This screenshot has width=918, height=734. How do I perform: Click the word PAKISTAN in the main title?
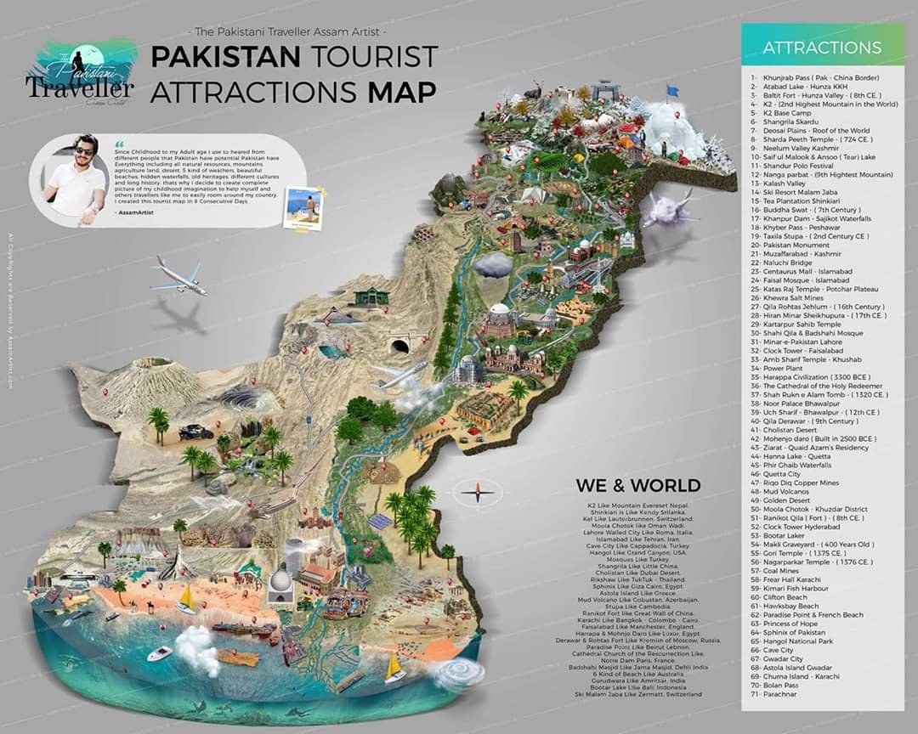(224, 58)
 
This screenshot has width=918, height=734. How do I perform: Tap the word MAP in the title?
(402, 92)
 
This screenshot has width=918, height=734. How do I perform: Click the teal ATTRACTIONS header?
(821, 48)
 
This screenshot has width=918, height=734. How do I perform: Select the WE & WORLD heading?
(637, 486)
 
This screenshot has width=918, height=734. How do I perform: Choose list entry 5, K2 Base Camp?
(780, 112)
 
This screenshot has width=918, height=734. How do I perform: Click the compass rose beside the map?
(478, 490)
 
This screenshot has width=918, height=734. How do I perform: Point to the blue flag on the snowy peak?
(673, 90)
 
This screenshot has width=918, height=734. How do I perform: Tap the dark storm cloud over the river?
(492, 265)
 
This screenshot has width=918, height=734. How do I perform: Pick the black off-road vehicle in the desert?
(195, 432)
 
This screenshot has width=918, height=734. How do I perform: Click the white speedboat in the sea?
(159, 654)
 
